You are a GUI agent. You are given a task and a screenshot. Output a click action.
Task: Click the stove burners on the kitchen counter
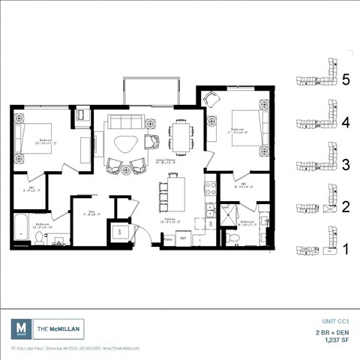click(x=210, y=187)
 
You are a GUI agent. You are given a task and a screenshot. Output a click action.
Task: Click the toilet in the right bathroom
click(x=234, y=238)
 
